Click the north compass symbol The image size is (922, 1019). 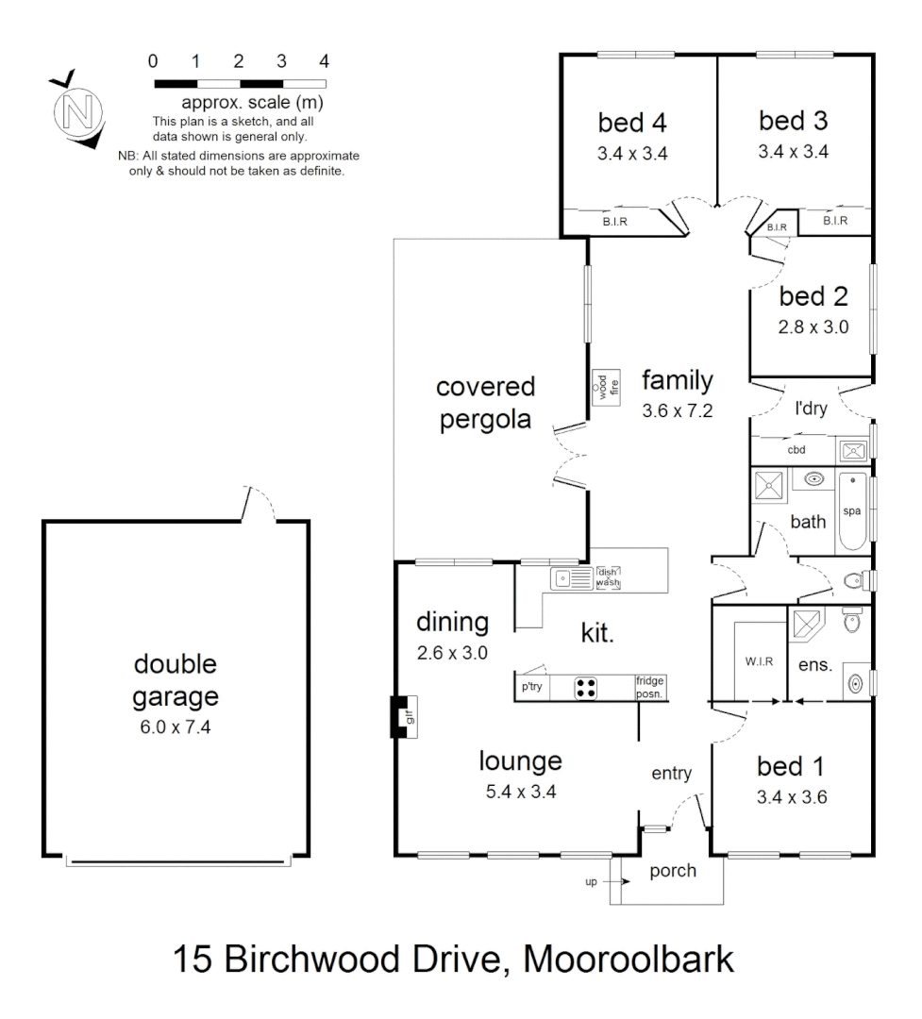pos(76,110)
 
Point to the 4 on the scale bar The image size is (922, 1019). pos(325,62)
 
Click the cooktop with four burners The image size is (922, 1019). pos(586,688)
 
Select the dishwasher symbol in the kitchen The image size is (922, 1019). pos(608,577)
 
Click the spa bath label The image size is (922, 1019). pos(851,510)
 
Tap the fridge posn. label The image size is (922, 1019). pos(650,687)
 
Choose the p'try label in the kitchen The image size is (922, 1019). pos(531,688)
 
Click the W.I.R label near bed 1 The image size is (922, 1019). pos(760,661)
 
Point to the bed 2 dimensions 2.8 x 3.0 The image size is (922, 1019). pos(814,328)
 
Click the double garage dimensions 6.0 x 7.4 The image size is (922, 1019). pos(175,727)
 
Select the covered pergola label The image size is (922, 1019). pos(485,403)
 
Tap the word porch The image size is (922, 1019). pos(673,870)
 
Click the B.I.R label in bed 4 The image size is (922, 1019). pos(615,222)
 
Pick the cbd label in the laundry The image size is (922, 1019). pos(797,449)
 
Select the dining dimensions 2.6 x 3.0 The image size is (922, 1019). pos(452,651)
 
